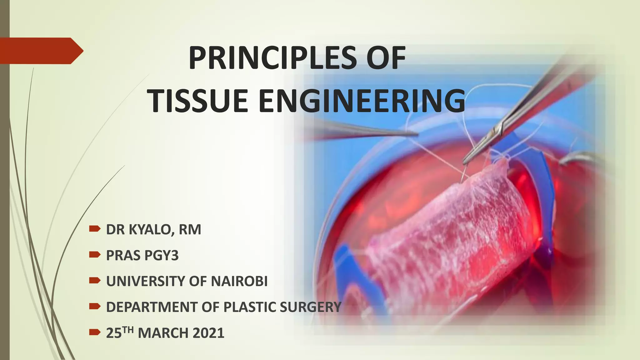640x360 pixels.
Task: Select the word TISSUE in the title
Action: pyautogui.click(x=197, y=101)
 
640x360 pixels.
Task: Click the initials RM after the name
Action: pyautogui.click(x=190, y=230)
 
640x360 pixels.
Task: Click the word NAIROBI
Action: pyautogui.click(x=239, y=281)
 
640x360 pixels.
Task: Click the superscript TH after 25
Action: pyautogui.click(x=128, y=329)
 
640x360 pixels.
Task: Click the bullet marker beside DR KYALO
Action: pyautogui.click(x=94, y=229)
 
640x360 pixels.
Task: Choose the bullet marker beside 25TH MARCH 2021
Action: pyautogui.click(x=94, y=332)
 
